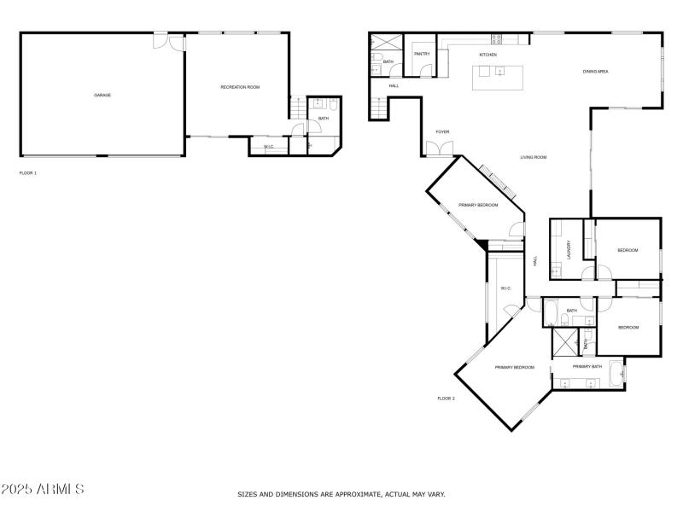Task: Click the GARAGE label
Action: [x=102, y=95]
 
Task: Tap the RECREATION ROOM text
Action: [x=240, y=87]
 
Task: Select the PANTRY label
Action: [x=422, y=54]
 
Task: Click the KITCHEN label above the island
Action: [x=488, y=55]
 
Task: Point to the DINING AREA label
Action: [x=595, y=72]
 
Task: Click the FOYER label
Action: [x=442, y=131]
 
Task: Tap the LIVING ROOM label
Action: [x=534, y=157]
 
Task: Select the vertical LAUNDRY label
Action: [x=569, y=249]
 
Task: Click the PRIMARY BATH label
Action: [x=587, y=366]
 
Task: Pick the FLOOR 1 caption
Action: [x=28, y=172]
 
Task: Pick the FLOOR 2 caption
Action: [x=447, y=398]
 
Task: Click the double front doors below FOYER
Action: [x=441, y=150]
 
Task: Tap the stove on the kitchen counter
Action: [x=497, y=37]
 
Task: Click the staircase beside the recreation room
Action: [x=296, y=109]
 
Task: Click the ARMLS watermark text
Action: [x=43, y=490]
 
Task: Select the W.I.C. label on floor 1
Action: [x=268, y=147]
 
